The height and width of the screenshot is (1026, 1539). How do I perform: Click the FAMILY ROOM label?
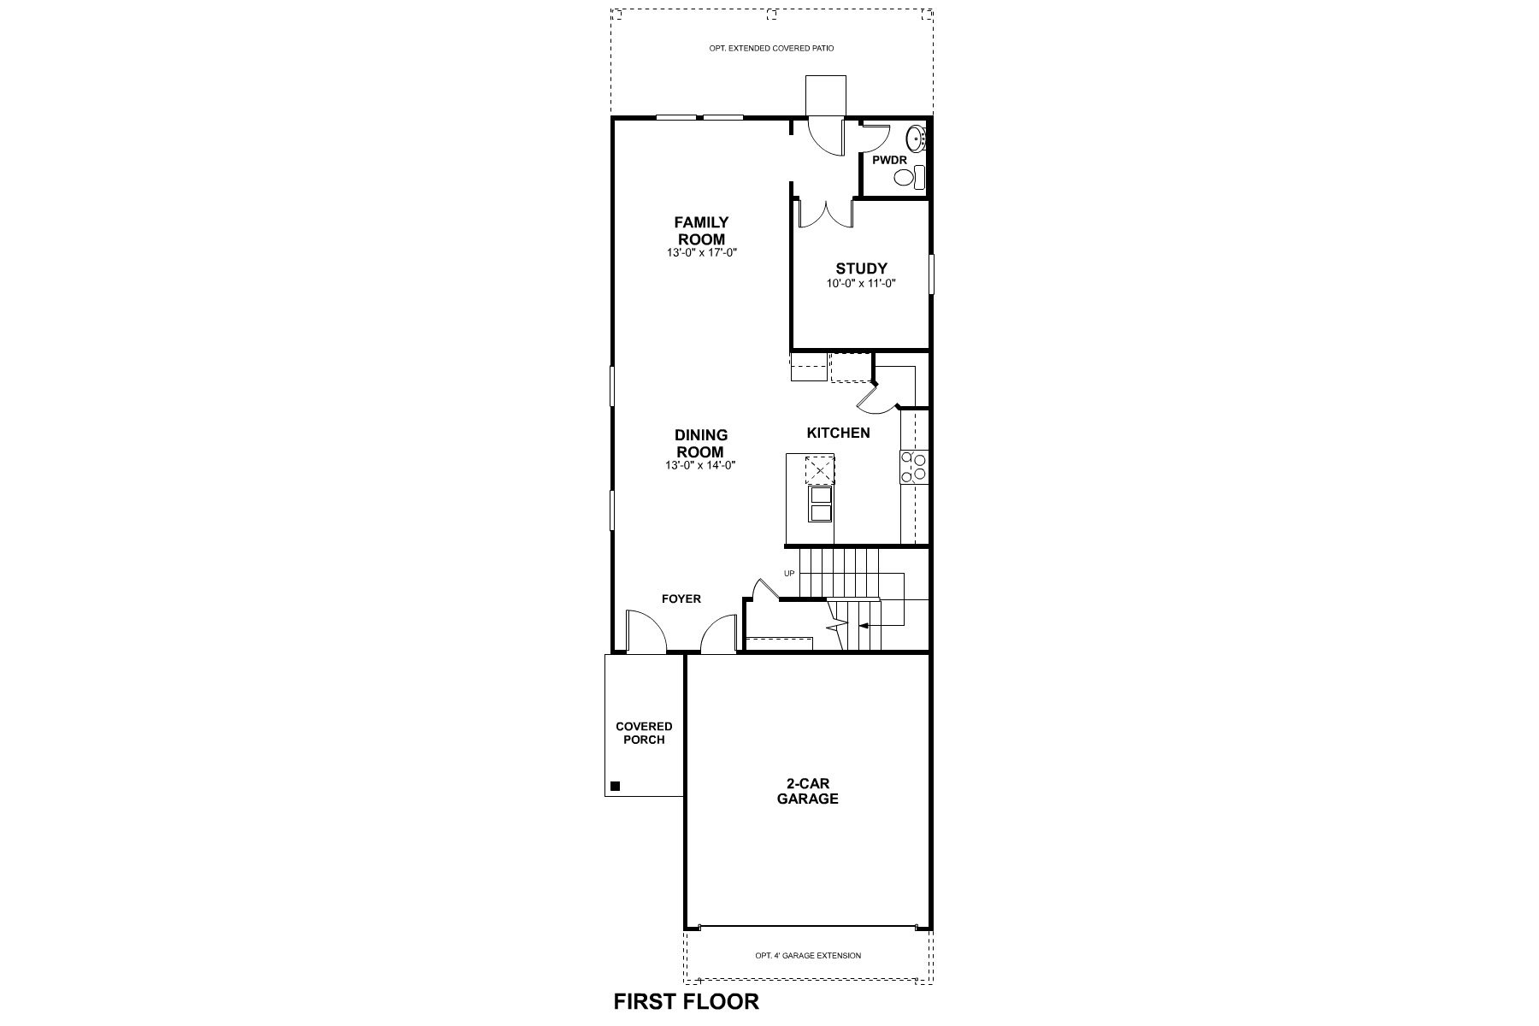pos(701,231)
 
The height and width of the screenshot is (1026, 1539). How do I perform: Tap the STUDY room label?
pos(861,268)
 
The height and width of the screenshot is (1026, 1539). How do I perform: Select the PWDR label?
pos(889,160)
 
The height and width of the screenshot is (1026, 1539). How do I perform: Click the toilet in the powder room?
pos(908,178)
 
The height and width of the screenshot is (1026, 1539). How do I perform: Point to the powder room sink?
pos(915,137)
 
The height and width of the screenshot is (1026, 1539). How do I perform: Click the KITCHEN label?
pos(838,433)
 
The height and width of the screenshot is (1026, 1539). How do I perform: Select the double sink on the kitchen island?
pos(820,504)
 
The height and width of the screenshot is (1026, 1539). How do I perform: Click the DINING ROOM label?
pos(700,443)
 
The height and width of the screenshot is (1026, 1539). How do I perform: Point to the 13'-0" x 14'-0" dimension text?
pos(700,465)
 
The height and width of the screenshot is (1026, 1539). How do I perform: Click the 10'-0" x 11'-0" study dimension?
pos(861,283)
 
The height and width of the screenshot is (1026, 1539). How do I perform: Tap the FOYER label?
pos(681,598)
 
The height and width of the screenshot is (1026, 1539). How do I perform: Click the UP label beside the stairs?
pos(789,573)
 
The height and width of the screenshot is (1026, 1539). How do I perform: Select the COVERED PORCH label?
pos(644,733)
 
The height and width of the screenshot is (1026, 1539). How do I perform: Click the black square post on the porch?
pos(615,786)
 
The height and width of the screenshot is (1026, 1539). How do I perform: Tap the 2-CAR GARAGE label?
pos(807,791)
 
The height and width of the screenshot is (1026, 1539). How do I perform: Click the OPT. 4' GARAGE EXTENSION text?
pos(808,956)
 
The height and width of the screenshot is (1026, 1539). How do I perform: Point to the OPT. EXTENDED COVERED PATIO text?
pos(771,49)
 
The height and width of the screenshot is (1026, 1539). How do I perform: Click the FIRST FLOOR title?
pos(686,1001)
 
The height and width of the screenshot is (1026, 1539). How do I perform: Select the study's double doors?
pos(824,214)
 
